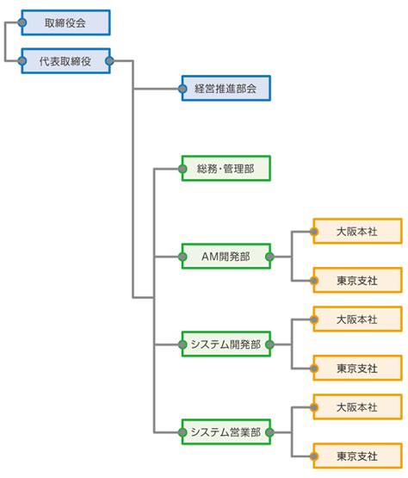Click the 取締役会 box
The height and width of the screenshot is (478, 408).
(65, 22)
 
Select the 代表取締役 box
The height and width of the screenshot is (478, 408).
(65, 61)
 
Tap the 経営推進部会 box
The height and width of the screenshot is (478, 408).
(226, 89)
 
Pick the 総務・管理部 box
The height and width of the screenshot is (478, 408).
(226, 169)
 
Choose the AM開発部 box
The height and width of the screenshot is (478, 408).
(226, 257)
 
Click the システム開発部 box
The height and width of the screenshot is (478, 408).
(226, 345)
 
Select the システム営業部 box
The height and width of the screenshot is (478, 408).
(226, 432)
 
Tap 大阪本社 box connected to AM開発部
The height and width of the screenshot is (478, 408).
(358, 232)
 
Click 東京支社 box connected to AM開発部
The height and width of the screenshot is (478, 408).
(358, 281)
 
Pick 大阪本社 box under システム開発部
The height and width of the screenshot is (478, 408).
(358, 320)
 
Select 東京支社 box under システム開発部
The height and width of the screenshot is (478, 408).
(358, 369)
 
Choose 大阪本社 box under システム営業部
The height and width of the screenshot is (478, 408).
(358, 407)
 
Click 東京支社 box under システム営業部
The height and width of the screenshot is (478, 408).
(358, 456)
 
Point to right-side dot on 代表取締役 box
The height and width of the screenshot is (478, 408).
(109, 61)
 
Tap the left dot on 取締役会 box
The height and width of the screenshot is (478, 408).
(22, 22)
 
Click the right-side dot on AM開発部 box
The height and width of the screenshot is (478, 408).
(270, 257)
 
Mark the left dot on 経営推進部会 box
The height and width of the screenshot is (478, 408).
(182, 89)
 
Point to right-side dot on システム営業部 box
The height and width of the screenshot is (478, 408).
(270, 432)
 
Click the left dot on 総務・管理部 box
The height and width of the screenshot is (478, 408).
(182, 169)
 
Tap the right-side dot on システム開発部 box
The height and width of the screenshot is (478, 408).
(270, 345)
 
